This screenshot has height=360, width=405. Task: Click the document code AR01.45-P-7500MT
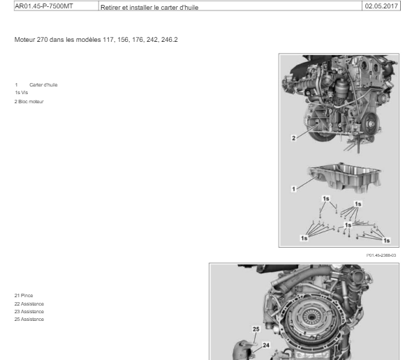coord(44,6)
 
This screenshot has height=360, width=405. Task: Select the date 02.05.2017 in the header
coord(381,6)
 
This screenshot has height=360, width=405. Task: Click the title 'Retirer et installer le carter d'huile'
coord(149,8)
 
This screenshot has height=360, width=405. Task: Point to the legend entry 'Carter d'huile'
coord(43,85)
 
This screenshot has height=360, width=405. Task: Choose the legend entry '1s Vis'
coord(22,93)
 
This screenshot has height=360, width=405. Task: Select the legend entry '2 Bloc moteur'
coord(29,102)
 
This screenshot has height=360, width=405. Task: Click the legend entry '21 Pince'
coord(24,296)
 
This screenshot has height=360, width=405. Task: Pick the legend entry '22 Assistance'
coord(29,304)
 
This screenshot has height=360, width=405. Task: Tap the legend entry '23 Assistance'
coord(29,312)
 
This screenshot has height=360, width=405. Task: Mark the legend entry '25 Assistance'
coord(29,320)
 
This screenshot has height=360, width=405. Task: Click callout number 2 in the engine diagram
coord(294,138)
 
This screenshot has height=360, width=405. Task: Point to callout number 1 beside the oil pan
coord(293,189)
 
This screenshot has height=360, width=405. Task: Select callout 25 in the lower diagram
coord(256,329)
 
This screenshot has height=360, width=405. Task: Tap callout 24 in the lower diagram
coord(266,345)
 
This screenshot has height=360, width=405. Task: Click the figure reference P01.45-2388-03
coord(381,255)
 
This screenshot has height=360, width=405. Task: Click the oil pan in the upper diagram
coord(344,177)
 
